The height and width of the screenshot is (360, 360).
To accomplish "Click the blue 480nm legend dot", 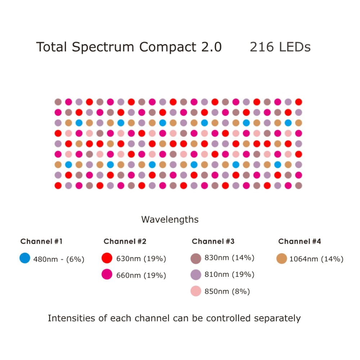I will (x=25, y=258).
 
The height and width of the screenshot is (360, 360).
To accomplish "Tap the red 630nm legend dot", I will (x=107, y=258).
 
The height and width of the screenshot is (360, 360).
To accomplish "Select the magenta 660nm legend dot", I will (x=107, y=275).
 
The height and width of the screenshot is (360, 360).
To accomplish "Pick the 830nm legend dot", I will (x=195, y=258).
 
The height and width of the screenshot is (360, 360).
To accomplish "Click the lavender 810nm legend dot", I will (x=195, y=275).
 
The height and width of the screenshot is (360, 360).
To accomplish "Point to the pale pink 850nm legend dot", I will (x=195, y=291).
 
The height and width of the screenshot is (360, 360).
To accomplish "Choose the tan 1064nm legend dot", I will (x=282, y=258).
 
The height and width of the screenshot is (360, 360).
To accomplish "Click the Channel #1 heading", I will (x=41, y=241).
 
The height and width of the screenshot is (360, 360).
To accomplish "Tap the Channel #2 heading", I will (x=125, y=241).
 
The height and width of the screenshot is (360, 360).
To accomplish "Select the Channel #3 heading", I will (x=213, y=241).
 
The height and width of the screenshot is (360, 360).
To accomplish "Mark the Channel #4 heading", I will (x=300, y=241).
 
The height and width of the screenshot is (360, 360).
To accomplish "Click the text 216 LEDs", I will (x=280, y=47).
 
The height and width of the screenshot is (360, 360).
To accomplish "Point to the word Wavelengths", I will (x=170, y=219).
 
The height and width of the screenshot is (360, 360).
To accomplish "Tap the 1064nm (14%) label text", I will (x=316, y=259).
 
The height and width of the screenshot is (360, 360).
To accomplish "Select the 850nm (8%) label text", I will (x=227, y=291).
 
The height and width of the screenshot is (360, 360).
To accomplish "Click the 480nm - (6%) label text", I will (x=59, y=259).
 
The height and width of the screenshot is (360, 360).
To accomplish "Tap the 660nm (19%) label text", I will (x=141, y=275).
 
